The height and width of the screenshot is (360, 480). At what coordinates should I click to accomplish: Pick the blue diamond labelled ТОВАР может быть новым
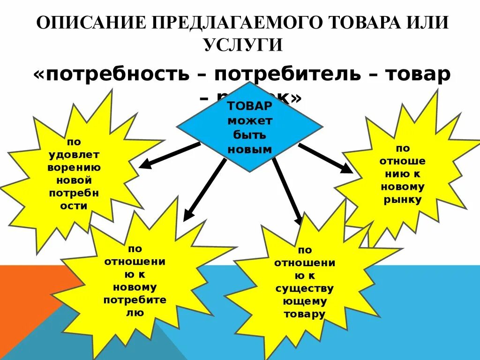(x=249, y=127)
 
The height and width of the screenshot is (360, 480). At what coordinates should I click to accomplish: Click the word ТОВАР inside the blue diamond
(x=250, y=107)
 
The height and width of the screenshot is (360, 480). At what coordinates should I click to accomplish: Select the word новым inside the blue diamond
(x=250, y=150)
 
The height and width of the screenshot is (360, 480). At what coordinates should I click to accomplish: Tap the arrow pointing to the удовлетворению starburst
(x=169, y=155)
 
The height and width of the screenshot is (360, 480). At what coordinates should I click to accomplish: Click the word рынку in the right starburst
(x=402, y=200)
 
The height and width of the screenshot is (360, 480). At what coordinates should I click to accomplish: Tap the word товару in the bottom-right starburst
(x=304, y=314)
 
